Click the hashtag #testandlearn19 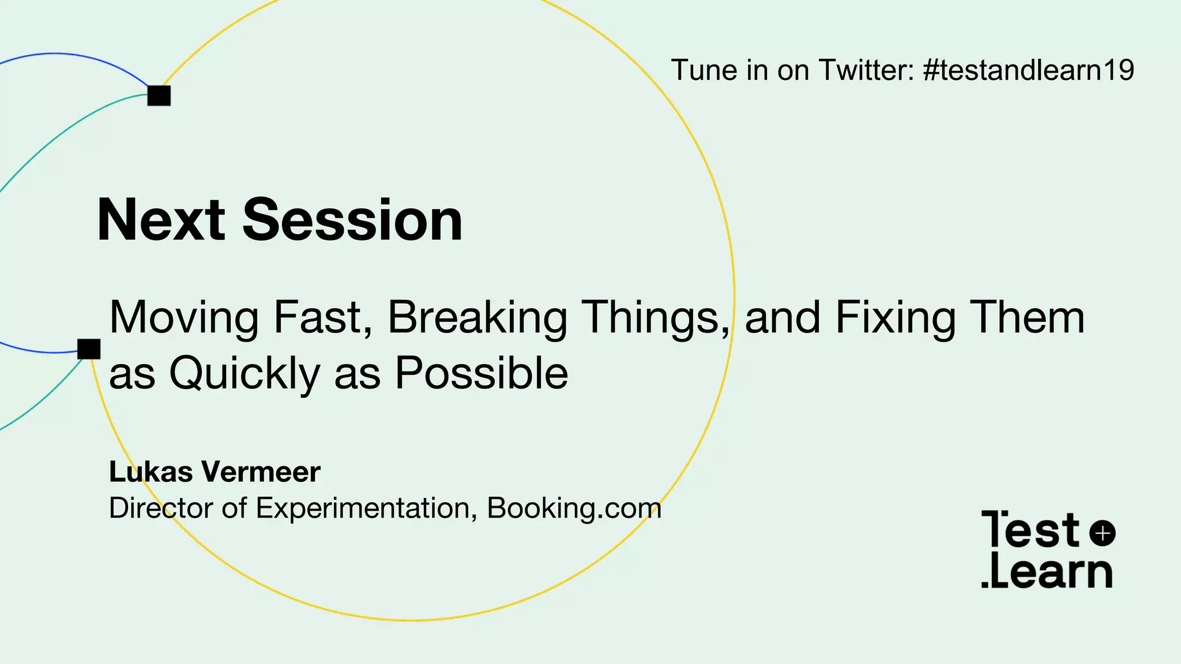pos(1028,70)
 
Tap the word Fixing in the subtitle pos(896,318)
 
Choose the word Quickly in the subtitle pos(245,373)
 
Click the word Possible pos(482,373)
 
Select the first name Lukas pos(151,472)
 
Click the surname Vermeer pos(260,472)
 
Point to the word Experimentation pos(366,509)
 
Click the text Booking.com pos(574,508)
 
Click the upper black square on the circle pos(159,96)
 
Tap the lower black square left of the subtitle pos(89,349)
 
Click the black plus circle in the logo pos(1103,533)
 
